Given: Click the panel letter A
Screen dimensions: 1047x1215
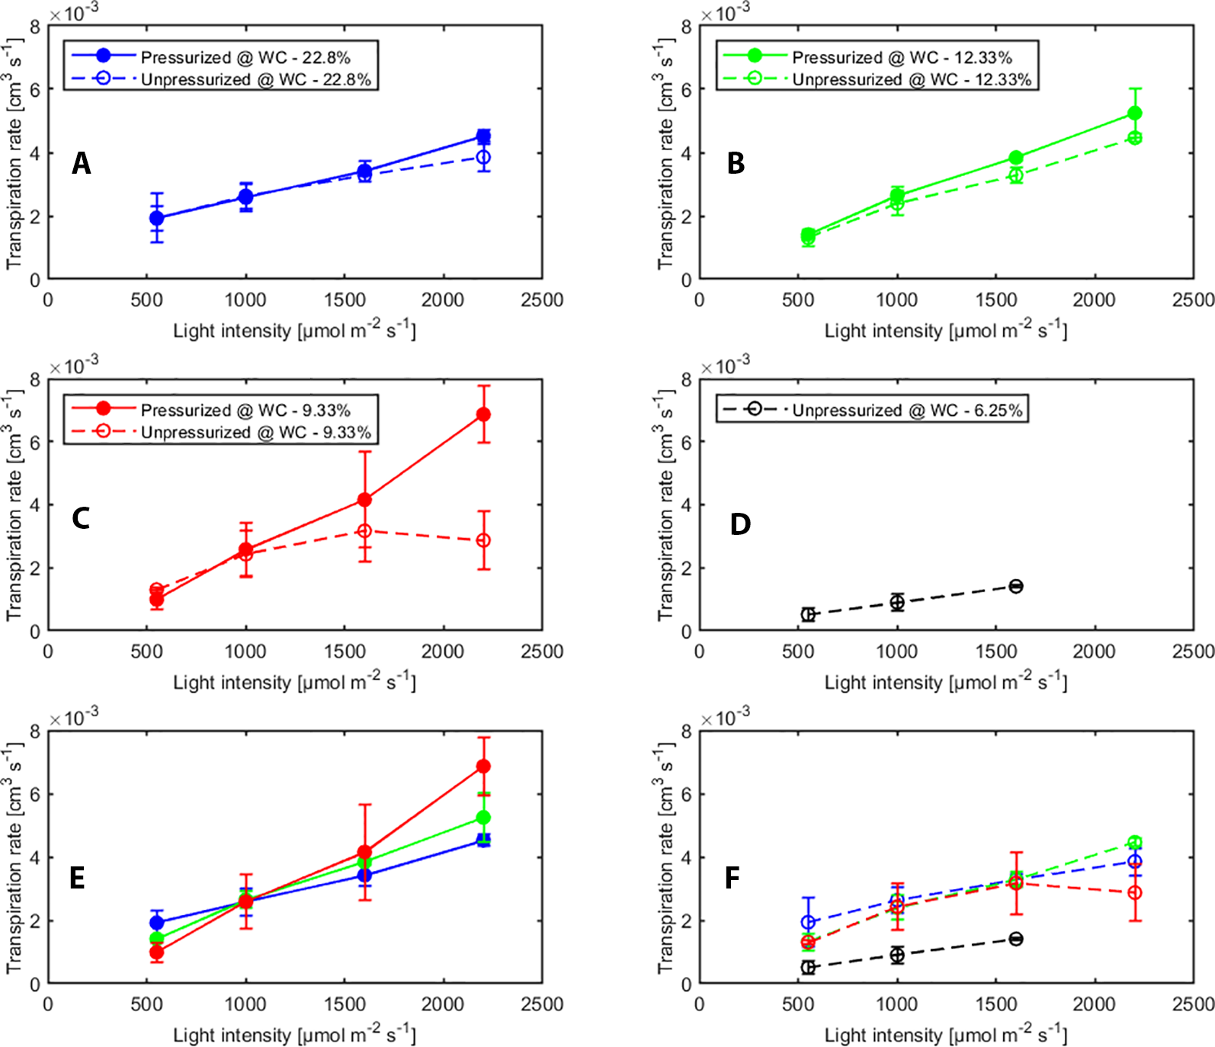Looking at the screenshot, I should point(81,163).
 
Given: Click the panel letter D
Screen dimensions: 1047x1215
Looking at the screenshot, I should point(740,524).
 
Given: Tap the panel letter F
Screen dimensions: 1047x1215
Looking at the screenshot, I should point(732,878).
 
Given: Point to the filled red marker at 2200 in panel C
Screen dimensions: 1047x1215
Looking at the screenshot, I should point(483,415).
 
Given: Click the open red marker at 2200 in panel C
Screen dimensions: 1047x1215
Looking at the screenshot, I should point(483,540).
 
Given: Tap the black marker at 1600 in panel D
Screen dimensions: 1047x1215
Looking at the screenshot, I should point(1016,586).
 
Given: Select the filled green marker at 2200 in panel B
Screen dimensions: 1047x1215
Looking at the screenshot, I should point(1135,114).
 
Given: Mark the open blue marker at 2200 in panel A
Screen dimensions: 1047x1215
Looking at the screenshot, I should point(483,158).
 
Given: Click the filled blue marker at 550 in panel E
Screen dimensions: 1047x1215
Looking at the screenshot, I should point(157,923).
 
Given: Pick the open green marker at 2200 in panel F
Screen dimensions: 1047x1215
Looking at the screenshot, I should point(1135,843).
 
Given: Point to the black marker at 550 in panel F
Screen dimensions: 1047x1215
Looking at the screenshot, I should point(808,967).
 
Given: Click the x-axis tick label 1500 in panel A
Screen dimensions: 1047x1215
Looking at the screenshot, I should point(345,299).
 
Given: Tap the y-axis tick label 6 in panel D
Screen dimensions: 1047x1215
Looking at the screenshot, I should point(686,442).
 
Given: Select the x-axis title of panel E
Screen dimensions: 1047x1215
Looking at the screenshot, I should point(294,1034).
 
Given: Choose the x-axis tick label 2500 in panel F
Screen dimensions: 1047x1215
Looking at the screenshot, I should point(1193,1004).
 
